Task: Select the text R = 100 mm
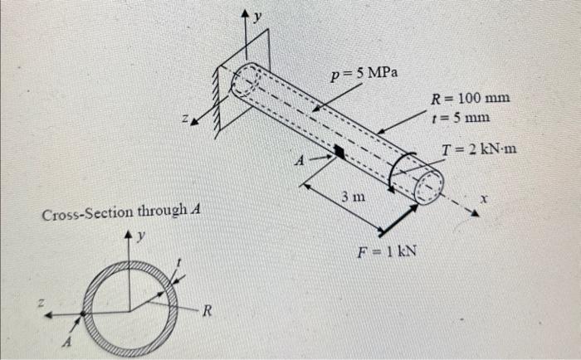[470, 99]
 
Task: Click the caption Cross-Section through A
[117, 216]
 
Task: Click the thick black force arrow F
[398, 218]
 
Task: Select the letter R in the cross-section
[207, 312]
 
